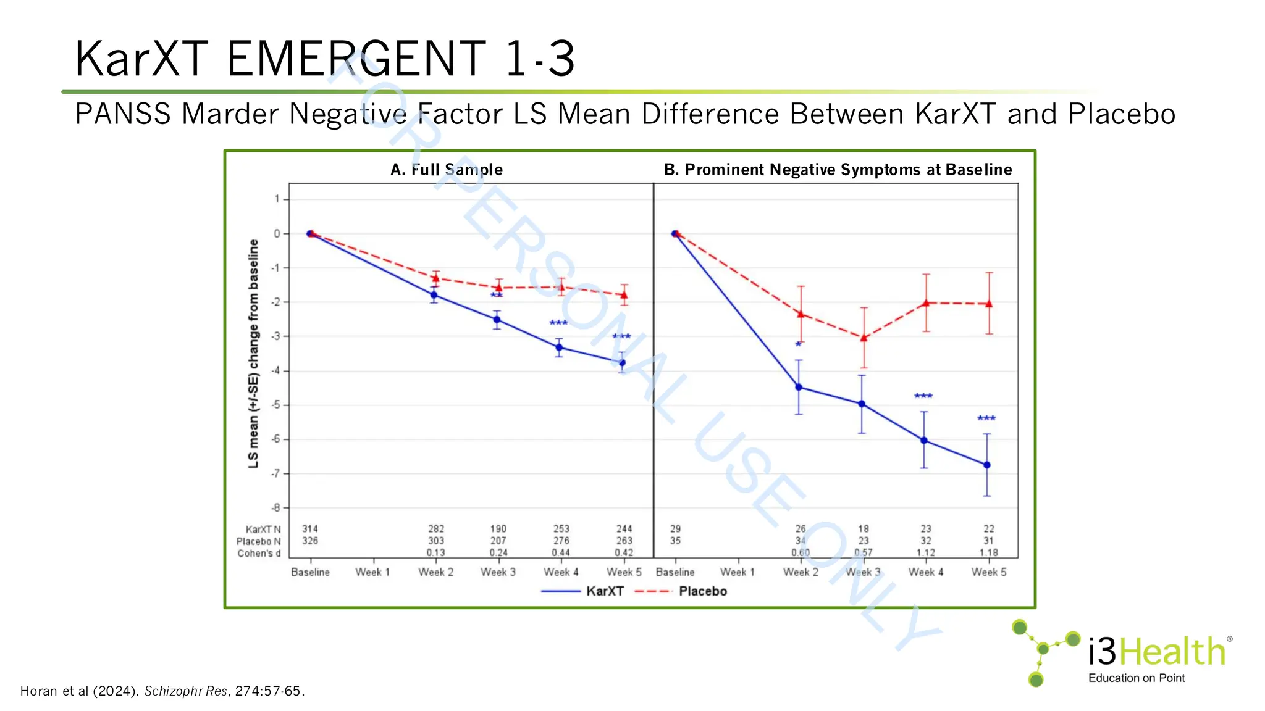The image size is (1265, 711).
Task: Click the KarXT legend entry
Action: pos(604,591)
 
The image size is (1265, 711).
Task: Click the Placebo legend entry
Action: pos(702,591)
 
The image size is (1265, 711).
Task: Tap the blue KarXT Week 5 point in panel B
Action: pos(986,465)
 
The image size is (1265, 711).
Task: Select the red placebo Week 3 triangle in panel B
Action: pos(864,338)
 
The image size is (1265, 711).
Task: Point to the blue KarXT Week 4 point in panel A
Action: pos(559,347)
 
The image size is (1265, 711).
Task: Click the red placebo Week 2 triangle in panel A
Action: pos(435,278)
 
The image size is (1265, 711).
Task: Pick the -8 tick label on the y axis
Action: pos(276,508)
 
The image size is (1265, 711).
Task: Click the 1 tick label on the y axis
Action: pos(277,199)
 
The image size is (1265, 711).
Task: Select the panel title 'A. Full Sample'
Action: pos(447,170)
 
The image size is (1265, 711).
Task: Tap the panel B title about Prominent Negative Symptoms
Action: pos(838,170)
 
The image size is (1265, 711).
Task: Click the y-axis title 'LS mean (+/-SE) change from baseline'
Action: pos(253,354)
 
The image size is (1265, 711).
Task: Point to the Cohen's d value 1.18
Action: pos(988,553)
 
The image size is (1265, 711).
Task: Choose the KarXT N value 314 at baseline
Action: pos(309,529)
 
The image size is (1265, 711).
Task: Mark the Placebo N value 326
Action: pos(309,541)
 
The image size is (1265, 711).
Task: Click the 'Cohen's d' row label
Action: pos(259,554)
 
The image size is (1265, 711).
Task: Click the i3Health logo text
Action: pos(1156,652)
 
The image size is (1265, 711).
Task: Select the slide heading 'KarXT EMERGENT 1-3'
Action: pos(325,59)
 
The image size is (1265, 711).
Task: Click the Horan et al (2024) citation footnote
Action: pos(162,691)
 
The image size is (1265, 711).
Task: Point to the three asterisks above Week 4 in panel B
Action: pos(923,396)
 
